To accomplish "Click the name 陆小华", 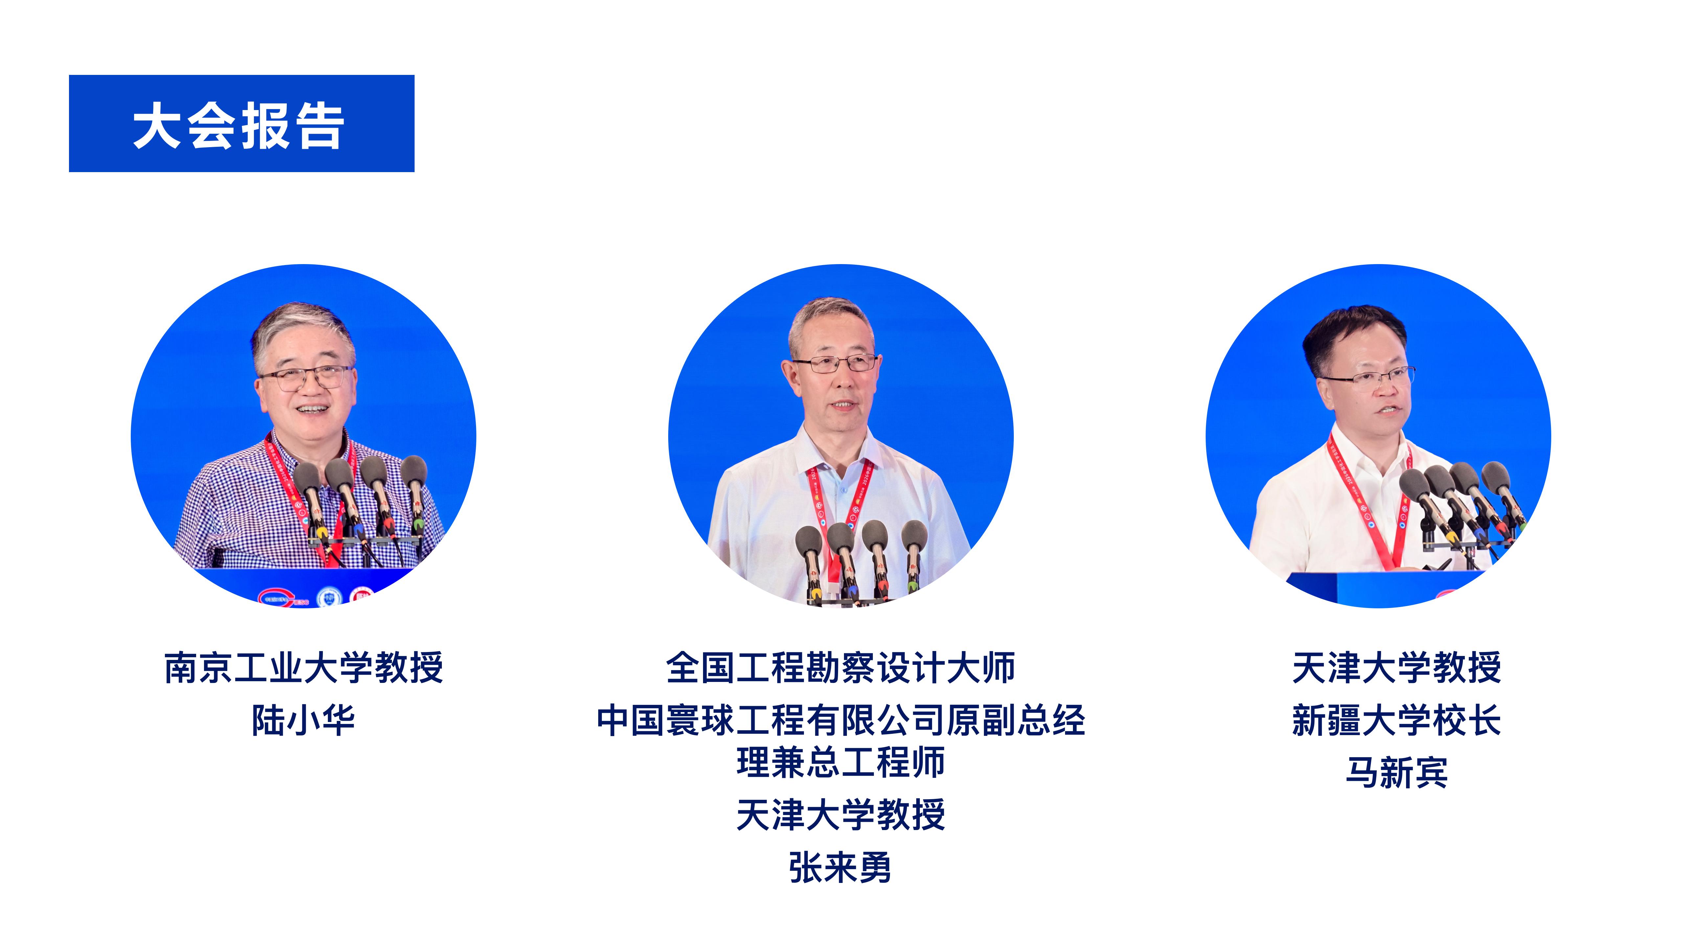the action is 304,720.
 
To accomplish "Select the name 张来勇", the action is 840,867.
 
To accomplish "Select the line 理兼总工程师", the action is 840,762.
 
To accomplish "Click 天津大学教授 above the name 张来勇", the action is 840,814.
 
